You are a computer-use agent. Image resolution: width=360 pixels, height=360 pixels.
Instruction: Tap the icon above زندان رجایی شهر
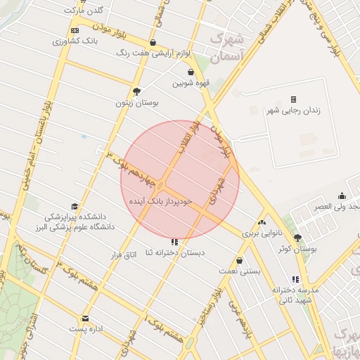[x=293, y=99]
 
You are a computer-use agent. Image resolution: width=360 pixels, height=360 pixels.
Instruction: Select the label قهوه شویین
[x=191, y=83]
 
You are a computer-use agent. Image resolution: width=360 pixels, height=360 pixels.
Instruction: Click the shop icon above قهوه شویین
[x=191, y=72]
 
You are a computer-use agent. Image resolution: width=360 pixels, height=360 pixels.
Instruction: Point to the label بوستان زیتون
[x=138, y=103]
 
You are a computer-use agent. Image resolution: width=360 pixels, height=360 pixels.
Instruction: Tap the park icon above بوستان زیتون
[x=136, y=91]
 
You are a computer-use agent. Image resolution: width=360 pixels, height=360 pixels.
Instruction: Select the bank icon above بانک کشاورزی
[x=75, y=31]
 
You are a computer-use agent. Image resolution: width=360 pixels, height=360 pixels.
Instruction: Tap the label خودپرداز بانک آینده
[x=160, y=201]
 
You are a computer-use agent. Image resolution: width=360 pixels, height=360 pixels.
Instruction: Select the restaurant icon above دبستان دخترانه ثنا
[x=174, y=242]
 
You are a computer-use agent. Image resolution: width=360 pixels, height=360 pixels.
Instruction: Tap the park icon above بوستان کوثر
[x=297, y=238]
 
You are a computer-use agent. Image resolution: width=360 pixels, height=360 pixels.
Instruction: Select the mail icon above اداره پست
[x=86, y=318]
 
